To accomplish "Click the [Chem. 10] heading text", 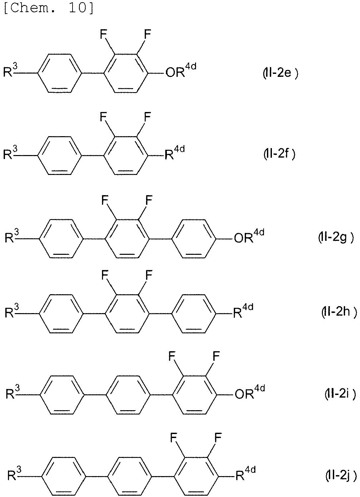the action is coord(49,8).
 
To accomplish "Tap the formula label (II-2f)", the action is coord(280,153).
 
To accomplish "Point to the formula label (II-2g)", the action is coord(336,238).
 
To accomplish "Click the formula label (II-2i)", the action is coord(340,394).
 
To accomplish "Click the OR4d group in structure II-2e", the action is coord(181,70).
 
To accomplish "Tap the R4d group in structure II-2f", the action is coord(175,152).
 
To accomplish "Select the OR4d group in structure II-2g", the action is coord(249,236).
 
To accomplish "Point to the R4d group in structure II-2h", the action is coord(243,311).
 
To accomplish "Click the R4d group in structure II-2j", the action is coord(245,473).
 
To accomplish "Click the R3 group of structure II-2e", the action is coord(10,70).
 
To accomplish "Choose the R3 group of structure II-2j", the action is coord(15,474).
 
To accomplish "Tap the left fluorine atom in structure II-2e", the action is coord(103,34).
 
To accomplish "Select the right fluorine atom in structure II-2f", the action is coord(147,117).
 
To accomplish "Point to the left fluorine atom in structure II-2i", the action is coord(172,356).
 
